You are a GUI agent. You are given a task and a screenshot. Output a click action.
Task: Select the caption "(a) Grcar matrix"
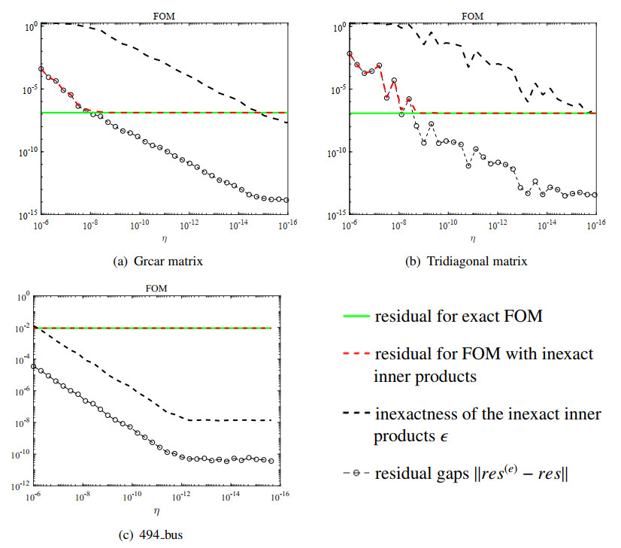coord(157,262)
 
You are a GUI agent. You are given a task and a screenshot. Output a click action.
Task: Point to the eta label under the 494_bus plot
coord(156,511)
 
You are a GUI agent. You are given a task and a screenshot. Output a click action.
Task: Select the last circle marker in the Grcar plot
coord(286,200)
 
